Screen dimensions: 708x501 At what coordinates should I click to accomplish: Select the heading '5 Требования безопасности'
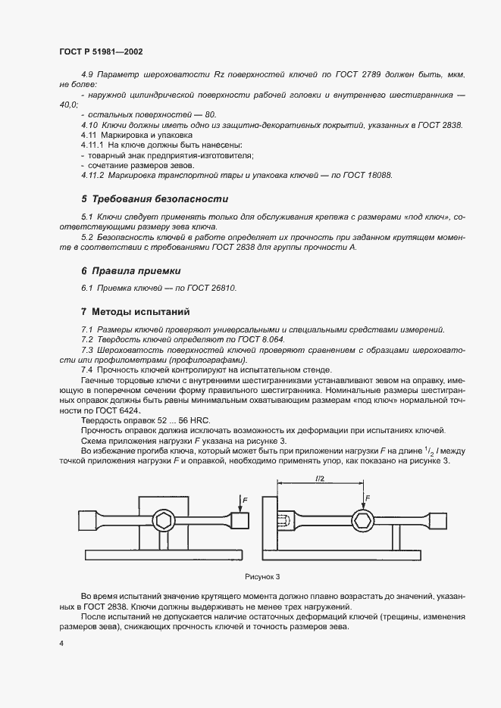click(x=155, y=199)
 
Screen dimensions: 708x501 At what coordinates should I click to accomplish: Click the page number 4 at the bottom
click(x=60, y=643)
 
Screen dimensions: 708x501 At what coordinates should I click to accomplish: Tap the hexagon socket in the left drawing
click(x=164, y=520)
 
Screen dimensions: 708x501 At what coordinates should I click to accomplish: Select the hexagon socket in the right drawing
click(x=363, y=520)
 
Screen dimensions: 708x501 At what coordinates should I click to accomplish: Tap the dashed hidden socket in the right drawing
click(x=283, y=521)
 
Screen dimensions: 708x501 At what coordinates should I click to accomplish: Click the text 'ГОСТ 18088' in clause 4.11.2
click(x=367, y=175)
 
